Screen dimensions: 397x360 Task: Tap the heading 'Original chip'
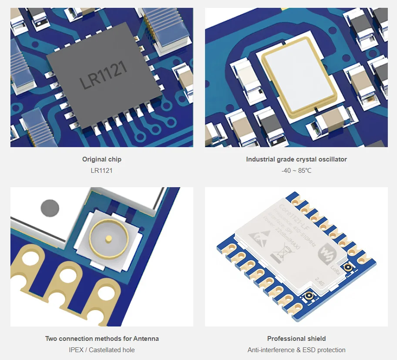tap(102, 159)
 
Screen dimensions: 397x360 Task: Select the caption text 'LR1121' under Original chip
tap(102, 171)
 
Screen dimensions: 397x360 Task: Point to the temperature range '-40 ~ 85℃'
tap(296, 171)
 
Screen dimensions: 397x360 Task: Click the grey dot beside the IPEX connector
tap(50, 208)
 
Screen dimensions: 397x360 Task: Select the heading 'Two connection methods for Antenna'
tap(102, 339)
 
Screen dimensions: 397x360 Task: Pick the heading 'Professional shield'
tap(296, 339)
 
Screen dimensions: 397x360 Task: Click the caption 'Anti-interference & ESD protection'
tap(296, 350)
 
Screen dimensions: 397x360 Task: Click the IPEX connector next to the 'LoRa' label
tap(348, 267)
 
